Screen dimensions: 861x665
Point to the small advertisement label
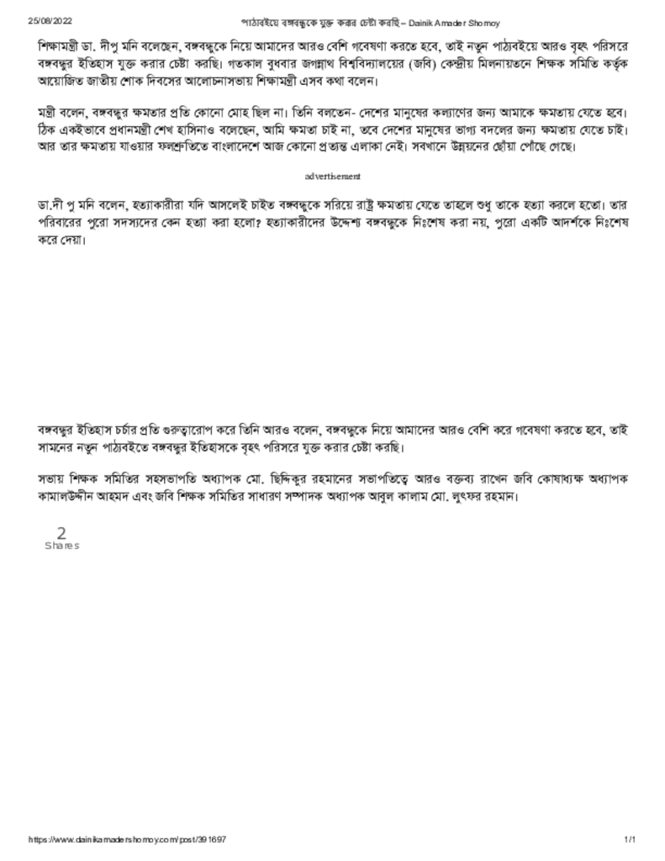[x=332, y=177]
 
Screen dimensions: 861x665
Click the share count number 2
[x=61, y=533]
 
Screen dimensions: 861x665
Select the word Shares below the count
[x=61, y=546]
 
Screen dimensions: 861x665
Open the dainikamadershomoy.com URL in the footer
[x=127, y=840]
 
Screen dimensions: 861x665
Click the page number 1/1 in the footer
[x=630, y=840]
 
